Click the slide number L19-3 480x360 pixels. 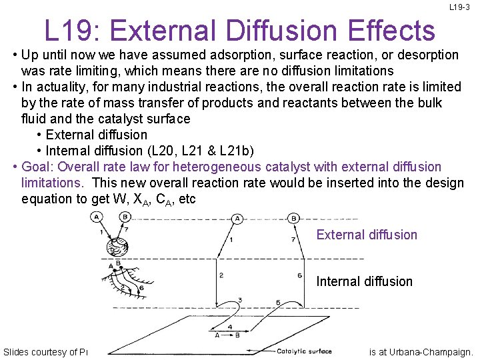[x=459, y=7]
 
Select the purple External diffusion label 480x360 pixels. [x=367, y=235]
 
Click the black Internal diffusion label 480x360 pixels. [x=364, y=281]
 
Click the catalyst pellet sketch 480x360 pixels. [x=117, y=247]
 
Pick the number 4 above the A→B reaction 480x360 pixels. [x=230, y=327]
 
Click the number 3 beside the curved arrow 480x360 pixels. [x=239, y=300]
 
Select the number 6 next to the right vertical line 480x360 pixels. [x=299, y=275]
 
